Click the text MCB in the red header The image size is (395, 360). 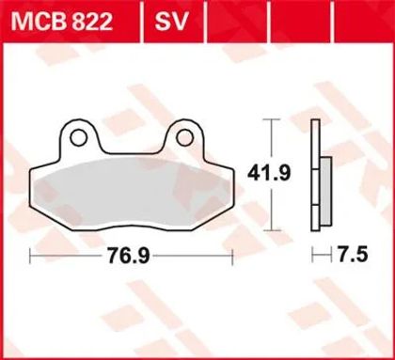pos(34,18)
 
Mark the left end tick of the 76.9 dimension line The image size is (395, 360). pos(31,255)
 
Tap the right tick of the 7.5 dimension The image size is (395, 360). pos(331,255)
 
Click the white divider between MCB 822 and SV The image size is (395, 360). pos(137,18)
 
